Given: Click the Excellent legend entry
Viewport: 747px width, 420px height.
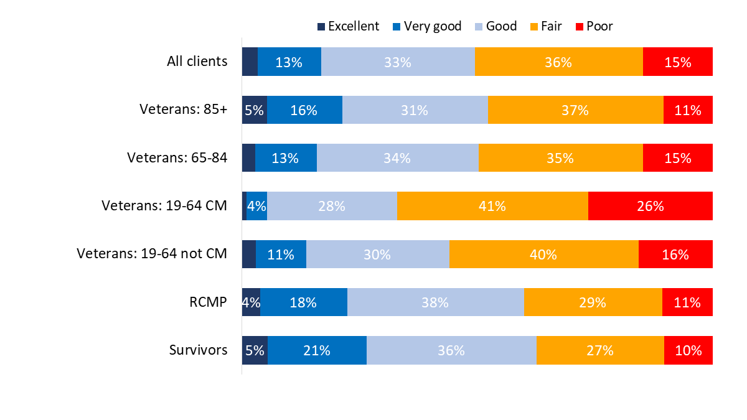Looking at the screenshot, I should [349, 26].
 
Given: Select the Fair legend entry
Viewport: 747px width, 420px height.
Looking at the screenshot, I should [546, 26].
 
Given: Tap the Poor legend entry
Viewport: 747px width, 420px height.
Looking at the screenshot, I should [594, 26].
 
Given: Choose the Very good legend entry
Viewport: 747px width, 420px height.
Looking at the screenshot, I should [428, 26].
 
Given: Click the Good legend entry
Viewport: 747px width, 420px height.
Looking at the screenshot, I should [496, 26].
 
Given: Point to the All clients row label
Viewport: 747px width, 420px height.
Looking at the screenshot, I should [197, 62].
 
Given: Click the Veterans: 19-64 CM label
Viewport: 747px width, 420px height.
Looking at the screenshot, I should [164, 206].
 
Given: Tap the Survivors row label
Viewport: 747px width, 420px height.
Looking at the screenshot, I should [198, 350].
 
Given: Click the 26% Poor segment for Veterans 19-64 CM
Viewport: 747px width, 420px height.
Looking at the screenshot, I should [650, 206].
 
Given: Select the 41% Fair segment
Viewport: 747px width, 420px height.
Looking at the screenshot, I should [492, 206].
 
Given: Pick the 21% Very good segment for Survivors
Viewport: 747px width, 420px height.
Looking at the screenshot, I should [317, 350].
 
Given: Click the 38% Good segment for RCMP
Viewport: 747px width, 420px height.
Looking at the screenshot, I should [435, 302].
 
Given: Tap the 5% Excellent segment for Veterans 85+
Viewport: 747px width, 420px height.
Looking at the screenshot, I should [254, 110].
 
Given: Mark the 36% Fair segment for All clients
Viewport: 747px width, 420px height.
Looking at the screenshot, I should [558, 62].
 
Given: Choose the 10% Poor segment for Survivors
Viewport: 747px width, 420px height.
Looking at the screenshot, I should [688, 350].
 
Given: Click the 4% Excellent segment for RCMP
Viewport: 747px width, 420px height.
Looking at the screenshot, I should [251, 302].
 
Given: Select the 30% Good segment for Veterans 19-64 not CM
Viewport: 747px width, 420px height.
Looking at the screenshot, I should [377, 254].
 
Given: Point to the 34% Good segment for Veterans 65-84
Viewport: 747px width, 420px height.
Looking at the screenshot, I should [397, 158].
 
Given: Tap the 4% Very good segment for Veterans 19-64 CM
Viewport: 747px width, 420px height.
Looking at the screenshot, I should [256, 206].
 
